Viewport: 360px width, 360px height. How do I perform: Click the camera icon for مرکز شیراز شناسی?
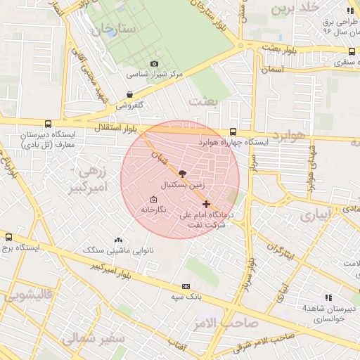pyautogui.click(x=154, y=64)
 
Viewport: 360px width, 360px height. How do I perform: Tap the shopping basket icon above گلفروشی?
pyautogui.click(x=129, y=94)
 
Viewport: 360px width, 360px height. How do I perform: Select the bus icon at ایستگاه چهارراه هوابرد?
pyautogui.click(x=233, y=131)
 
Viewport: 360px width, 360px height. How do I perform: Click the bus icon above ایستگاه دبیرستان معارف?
pyautogui.click(x=47, y=123)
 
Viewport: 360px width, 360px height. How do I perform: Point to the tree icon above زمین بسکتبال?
pyautogui.click(x=183, y=173)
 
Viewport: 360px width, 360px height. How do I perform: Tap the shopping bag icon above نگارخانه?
pyautogui.click(x=154, y=199)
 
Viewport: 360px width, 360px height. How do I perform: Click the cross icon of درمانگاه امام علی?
pyautogui.click(x=205, y=204)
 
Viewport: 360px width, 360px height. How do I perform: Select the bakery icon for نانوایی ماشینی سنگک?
pyautogui.click(x=117, y=240)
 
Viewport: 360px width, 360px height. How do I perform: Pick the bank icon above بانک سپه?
pyautogui.click(x=186, y=286)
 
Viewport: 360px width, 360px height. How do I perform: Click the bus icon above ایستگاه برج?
pyautogui.click(x=8, y=237)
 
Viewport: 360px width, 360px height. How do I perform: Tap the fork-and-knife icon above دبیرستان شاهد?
pyautogui.click(x=328, y=297)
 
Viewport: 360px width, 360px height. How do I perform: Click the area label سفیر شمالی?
pyautogui.click(x=92, y=339)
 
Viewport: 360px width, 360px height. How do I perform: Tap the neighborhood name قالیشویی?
pyautogui.click(x=27, y=296)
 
